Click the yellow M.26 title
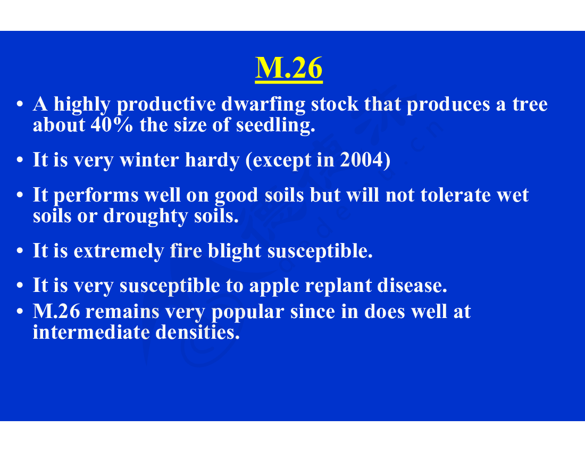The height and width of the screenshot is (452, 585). pyautogui.click(x=289, y=68)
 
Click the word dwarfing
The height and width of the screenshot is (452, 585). pyautogui.click(x=263, y=105)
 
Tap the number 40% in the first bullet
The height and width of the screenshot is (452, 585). pyautogui.click(x=112, y=125)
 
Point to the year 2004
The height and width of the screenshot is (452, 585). pyautogui.click(x=361, y=160)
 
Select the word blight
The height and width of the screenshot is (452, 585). pyautogui.click(x=235, y=250)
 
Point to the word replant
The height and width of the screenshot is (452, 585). pyautogui.click(x=338, y=286)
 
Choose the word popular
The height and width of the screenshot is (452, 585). pyautogui.click(x=248, y=312)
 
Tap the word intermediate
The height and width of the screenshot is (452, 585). pyautogui.click(x=91, y=332)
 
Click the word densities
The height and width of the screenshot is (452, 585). pyautogui.click(x=197, y=332)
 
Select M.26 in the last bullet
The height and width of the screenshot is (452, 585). pyautogui.click(x=56, y=312)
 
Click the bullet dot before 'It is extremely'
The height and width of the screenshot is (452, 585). pyautogui.click(x=20, y=251)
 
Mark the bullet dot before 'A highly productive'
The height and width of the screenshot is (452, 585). pyautogui.click(x=20, y=104)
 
